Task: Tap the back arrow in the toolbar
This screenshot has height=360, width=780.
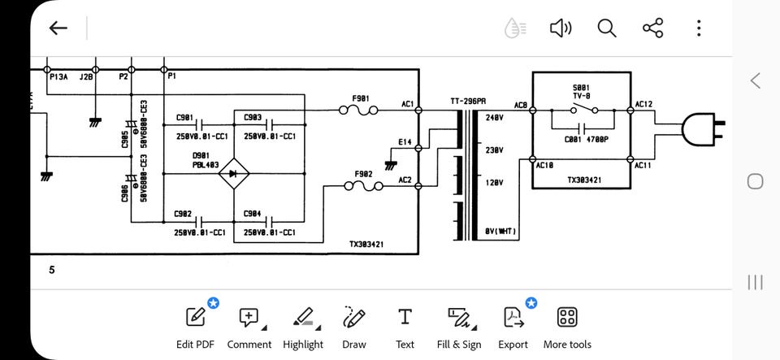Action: coord(58,28)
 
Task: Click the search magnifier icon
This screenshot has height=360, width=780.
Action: coord(606,28)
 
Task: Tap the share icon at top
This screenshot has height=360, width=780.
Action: coord(652,28)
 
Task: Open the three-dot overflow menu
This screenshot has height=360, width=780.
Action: coord(699,28)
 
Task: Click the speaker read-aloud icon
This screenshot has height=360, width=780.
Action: coord(561,28)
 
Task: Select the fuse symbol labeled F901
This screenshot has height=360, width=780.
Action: coord(358,110)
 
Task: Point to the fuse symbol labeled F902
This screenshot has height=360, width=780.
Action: coord(364,186)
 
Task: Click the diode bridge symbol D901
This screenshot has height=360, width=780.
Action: coord(234,174)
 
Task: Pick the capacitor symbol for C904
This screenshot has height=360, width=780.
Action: coord(269,221)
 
